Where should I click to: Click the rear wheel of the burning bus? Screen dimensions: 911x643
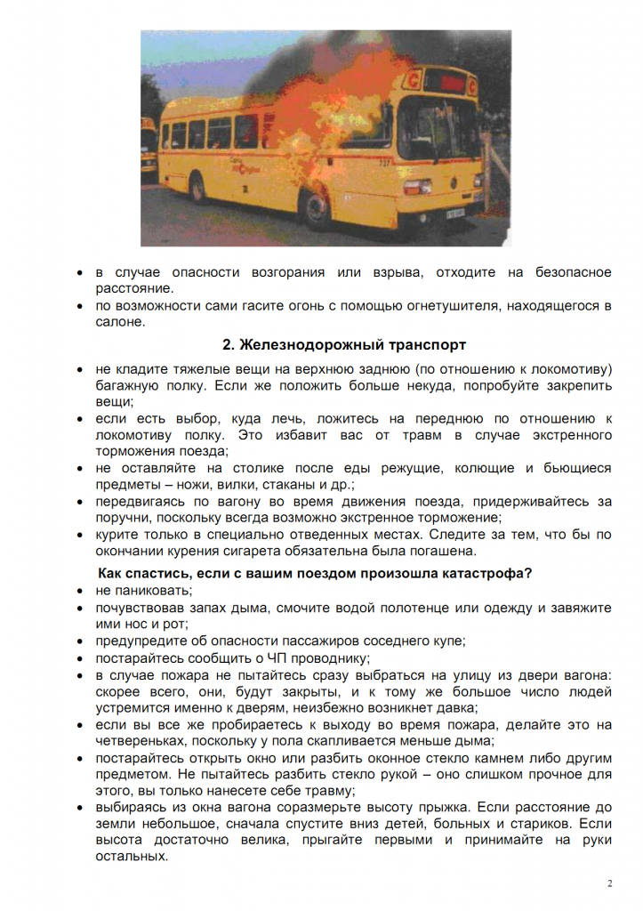(198, 188)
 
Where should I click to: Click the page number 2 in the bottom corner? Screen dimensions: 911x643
(609, 883)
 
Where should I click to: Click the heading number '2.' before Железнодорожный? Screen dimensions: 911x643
(228, 344)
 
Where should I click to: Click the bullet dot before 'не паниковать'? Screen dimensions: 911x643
(81, 590)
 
